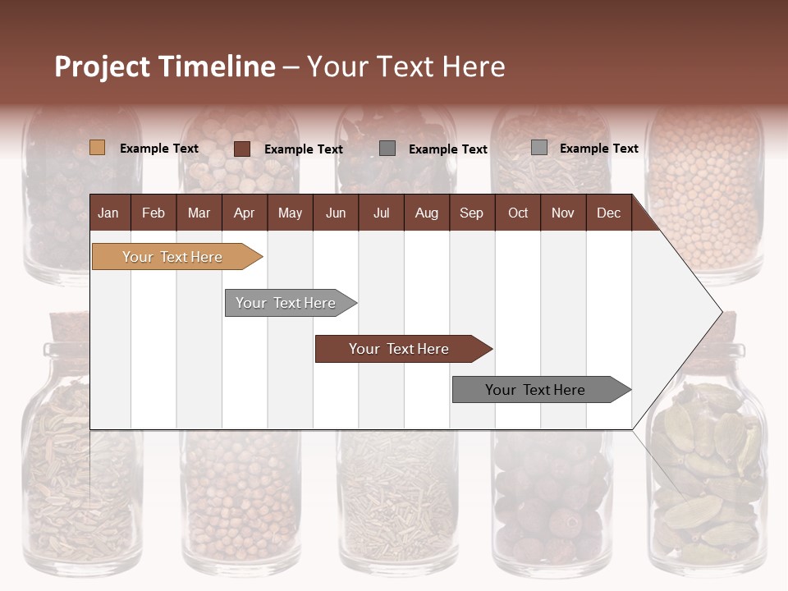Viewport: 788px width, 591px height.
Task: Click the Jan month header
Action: [108, 213]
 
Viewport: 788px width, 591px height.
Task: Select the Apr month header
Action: [244, 213]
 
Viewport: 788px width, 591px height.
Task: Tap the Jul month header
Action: [381, 213]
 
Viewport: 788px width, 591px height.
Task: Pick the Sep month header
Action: [471, 213]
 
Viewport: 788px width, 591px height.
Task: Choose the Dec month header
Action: [608, 213]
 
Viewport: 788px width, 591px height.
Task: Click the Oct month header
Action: [518, 213]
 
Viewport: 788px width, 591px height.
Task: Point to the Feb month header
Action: [153, 213]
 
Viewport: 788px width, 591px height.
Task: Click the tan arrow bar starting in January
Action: [172, 257]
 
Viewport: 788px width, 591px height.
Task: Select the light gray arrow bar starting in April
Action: [286, 303]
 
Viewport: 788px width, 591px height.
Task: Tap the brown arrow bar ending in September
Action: [399, 349]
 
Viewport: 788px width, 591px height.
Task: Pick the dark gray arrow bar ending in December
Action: [535, 390]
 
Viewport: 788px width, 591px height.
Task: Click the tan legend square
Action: [98, 148]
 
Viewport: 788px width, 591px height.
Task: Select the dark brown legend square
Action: [242, 149]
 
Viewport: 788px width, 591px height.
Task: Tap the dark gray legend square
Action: [387, 148]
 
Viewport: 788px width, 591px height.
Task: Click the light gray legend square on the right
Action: [539, 148]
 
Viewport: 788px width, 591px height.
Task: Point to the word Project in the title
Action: [103, 66]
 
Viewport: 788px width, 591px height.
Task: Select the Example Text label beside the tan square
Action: [159, 149]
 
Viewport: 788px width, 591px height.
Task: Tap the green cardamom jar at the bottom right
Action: [706, 476]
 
